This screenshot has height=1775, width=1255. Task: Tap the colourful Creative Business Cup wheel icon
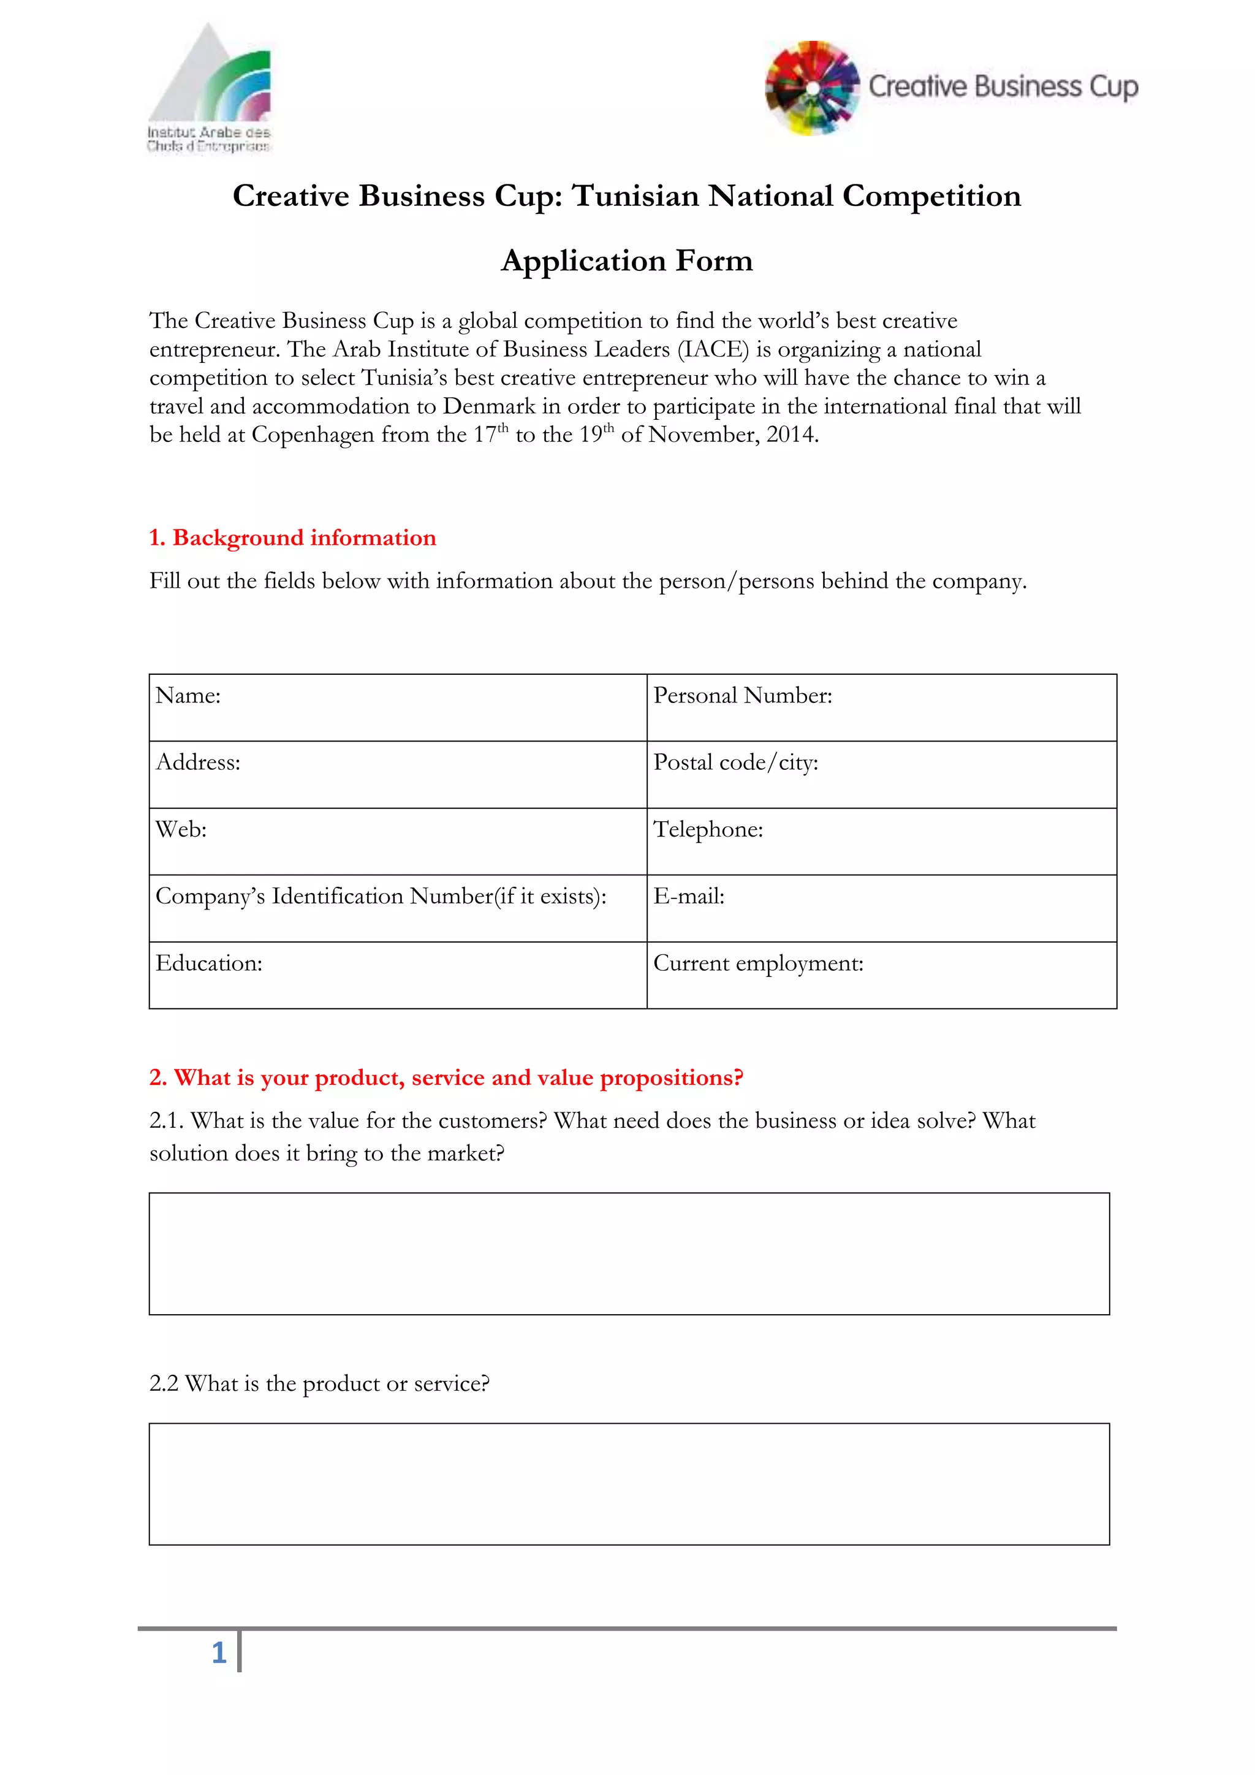click(812, 88)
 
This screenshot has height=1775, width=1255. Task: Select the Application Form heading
click(627, 260)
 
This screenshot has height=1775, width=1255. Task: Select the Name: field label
click(188, 696)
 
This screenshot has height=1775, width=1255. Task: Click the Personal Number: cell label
click(742, 696)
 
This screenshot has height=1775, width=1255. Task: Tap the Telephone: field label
click(708, 829)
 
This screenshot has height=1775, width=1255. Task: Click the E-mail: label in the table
click(689, 897)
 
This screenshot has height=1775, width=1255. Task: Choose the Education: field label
click(208, 964)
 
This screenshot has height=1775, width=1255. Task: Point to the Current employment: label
click(757, 964)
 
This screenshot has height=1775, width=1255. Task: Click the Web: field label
click(181, 829)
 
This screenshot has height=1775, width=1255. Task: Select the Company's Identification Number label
click(380, 897)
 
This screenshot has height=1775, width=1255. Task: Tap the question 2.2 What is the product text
click(319, 1383)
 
